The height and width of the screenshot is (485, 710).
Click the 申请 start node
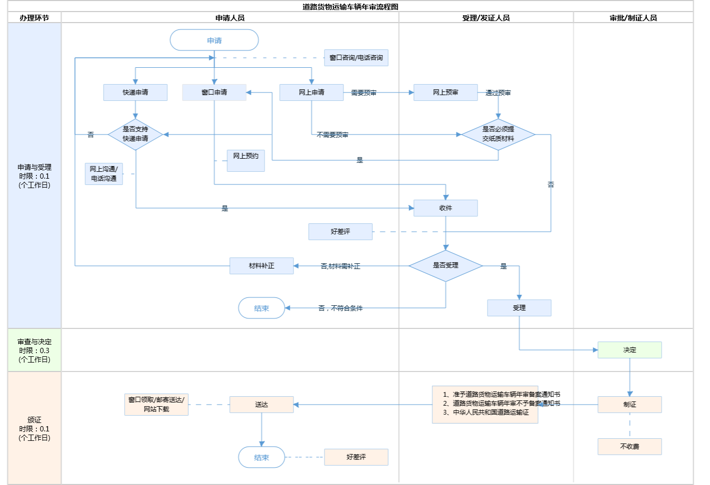click(214, 40)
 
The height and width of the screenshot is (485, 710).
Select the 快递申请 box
click(135, 92)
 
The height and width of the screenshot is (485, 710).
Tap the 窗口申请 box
click(214, 92)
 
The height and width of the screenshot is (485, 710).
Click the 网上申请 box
click(311, 92)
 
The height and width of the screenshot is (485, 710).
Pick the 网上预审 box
click(445, 92)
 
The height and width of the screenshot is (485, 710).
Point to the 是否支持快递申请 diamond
click(135, 134)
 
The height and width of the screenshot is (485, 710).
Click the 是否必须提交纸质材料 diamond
click(498, 134)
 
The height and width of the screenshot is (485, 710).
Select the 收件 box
click(445, 208)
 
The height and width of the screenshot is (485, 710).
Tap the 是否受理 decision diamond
click(445, 265)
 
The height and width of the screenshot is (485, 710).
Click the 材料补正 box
click(261, 266)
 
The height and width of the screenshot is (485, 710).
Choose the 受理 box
click(519, 308)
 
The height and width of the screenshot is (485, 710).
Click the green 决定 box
click(630, 350)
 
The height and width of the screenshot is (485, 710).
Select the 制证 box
click(630, 405)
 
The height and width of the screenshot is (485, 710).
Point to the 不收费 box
click(630, 447)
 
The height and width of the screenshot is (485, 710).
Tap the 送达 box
click(261, 405)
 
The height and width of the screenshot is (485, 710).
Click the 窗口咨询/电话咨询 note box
click(356, 58)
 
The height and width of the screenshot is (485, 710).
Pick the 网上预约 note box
click(246, 160)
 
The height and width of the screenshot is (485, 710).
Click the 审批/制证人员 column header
click(633, 18)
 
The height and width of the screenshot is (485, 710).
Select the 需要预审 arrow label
click(363, 93)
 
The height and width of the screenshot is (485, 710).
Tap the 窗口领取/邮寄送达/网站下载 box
click(156, 405)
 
